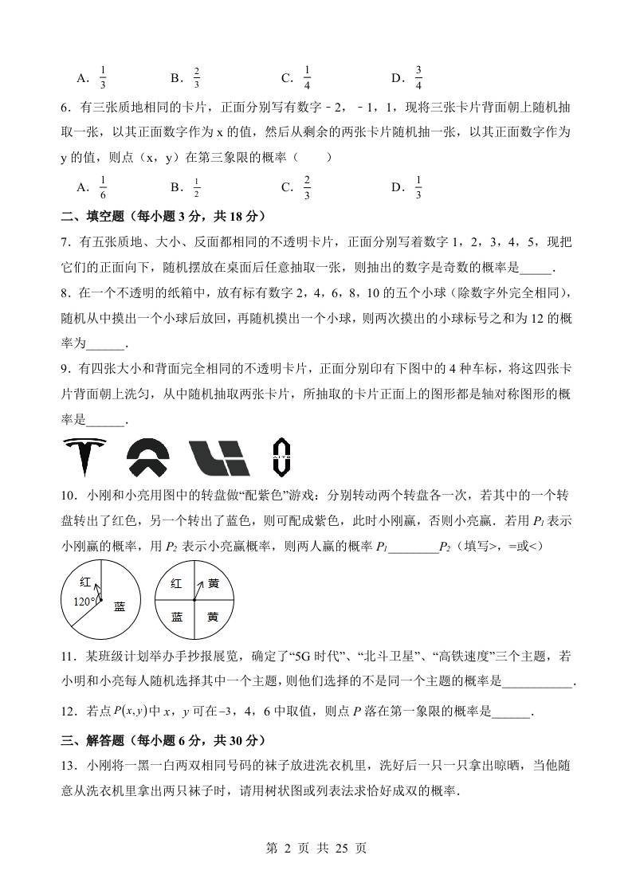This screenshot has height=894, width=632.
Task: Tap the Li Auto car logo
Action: point(219,457)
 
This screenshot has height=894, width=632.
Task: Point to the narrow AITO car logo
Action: point(280,457)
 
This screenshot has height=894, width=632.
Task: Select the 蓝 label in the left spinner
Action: point(120,606)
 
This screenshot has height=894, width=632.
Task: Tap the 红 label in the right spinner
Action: point(177,584)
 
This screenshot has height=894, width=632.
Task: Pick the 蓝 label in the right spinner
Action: point(177,617)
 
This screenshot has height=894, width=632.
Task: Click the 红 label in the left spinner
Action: point(85,583)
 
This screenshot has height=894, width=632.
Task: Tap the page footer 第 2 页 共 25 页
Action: point(316,849)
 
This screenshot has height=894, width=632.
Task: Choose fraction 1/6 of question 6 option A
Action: point(104,188)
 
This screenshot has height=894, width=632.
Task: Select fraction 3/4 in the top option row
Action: point(418,78)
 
